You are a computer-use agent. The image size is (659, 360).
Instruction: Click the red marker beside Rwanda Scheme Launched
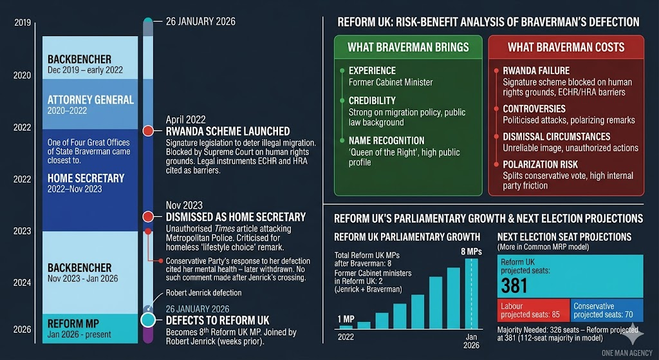148,131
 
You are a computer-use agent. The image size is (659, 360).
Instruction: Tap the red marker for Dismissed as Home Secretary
148,217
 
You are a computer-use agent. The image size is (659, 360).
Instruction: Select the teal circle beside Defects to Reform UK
148,320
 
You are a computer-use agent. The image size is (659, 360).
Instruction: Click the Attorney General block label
90,100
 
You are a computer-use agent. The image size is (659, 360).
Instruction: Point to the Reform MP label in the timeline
75,324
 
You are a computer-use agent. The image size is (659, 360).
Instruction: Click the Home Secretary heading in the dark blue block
86,178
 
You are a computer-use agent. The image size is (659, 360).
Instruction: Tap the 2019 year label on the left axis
23,23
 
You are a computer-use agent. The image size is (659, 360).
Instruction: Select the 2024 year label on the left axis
23,282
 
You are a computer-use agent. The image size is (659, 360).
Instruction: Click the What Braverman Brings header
408,47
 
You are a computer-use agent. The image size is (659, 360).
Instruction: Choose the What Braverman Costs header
566,47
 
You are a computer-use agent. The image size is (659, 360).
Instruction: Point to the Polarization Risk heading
540,164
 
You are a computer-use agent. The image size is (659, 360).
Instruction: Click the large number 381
515,285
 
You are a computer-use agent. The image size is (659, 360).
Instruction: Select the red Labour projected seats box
534,310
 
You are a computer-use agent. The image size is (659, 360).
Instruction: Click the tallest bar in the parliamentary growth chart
472,293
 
